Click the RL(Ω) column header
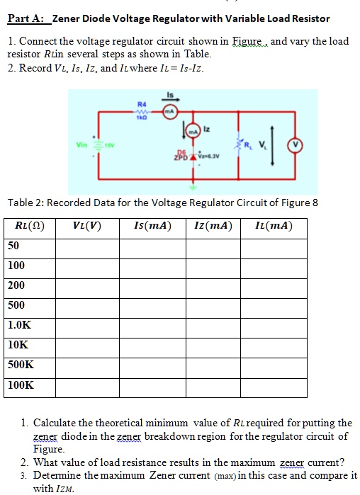(x=30, y=227)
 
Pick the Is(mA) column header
(x=152, y=227)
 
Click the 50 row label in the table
(x=13, y=245)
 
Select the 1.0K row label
(x=18, y=325)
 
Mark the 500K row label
(x=21, y=365)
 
